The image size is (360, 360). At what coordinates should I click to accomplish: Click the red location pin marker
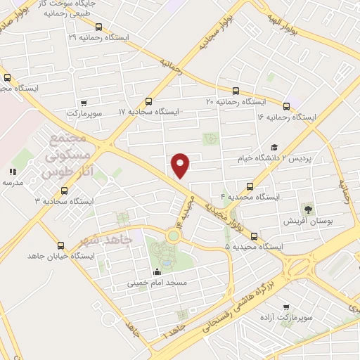[x=181, y=165]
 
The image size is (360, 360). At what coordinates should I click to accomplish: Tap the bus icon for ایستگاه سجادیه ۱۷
[x=148, y=101]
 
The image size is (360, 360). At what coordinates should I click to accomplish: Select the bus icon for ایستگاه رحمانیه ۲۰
[x=236, y=91]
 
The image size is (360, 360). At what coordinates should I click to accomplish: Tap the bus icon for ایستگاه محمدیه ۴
[x=251, y=186]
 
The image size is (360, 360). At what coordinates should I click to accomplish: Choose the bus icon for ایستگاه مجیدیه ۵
[x=255, y=236]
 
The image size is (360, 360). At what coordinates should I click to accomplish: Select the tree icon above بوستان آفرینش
[x=307, y=209]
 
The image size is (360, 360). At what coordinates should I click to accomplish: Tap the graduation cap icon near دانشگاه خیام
[x=274, y=146]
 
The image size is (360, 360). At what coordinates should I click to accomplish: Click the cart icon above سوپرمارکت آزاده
[x=285, y=307]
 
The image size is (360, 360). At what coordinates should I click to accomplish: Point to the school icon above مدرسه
[x=13, y=172]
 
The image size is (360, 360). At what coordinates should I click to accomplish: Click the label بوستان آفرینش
[x=307, y=221]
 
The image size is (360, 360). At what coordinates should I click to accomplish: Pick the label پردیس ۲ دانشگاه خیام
[x=314, y=158]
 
